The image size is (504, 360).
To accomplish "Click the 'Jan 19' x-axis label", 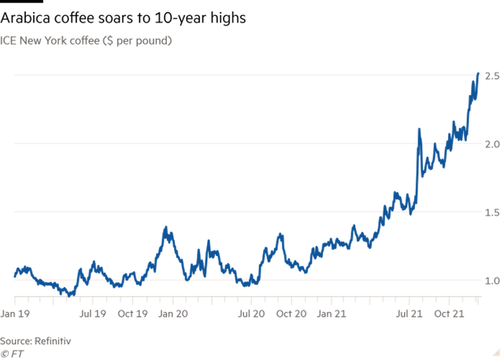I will [x=16, y=314].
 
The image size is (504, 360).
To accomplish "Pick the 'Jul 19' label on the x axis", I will [x=93, y=314].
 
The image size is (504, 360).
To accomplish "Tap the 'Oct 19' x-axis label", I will [x=132, y=314].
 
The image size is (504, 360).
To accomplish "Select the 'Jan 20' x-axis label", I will [x=172, y=314].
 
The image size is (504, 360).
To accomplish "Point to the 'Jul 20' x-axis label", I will [x=251, y=314].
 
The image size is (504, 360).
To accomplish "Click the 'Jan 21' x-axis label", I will [x=331, y=314].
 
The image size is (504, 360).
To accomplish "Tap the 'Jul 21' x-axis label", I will [x=409, y=314].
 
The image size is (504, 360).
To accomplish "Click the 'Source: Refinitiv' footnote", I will [x=35, y=340].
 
